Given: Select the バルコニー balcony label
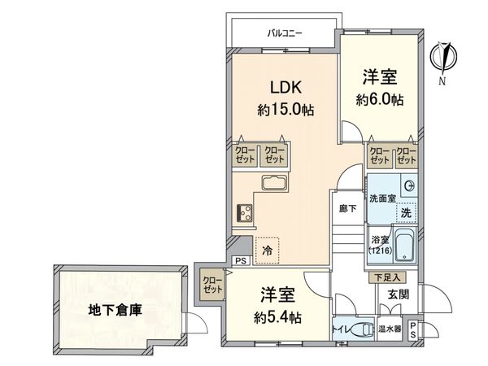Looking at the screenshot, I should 285,33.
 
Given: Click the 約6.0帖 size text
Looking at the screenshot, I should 380,100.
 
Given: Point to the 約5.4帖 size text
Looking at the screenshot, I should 277,316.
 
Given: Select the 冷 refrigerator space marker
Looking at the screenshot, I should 267,251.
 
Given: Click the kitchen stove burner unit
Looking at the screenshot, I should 245,213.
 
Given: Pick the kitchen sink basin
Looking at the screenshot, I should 272,183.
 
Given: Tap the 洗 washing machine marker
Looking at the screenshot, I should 405,213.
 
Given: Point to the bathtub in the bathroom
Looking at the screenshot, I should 404,246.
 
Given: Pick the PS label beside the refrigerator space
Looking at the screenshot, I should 240,260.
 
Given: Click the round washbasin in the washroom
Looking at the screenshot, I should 408,186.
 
